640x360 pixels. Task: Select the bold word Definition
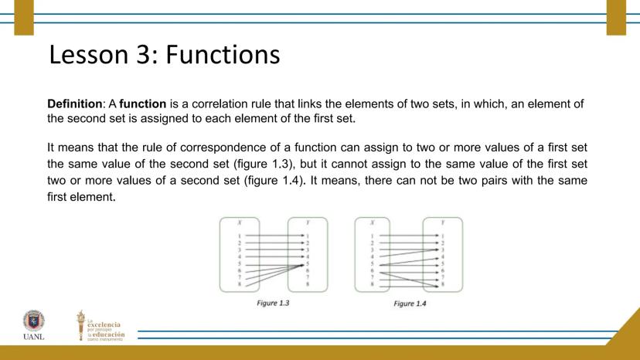[75, 104]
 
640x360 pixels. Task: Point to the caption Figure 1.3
[273, 303]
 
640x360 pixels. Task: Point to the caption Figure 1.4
[409, 304]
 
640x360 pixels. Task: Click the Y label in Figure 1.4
[443, 222]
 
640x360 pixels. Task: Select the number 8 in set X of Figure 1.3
[240, 284]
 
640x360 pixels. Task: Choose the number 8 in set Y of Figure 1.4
[443, 285]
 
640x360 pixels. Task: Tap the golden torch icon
[80, 325]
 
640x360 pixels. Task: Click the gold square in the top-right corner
[616, 17]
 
